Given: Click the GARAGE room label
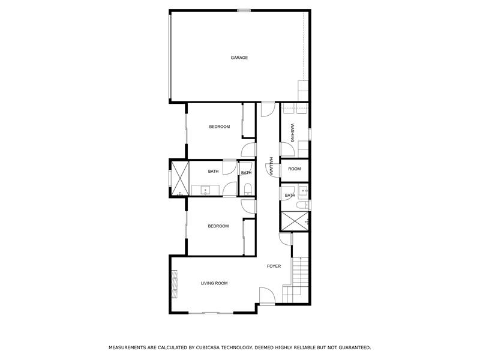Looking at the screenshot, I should coord(239,58).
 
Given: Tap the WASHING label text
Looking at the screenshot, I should coord(292,133).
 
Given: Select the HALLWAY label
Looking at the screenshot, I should coord(271,166).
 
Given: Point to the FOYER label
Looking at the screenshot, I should coord(274,266).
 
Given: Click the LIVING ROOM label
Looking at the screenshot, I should coord(214,283).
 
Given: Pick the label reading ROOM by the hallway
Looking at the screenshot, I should coord(294,169).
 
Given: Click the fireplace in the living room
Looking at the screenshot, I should coord(175,284).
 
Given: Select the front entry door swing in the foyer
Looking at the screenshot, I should coord(267,295).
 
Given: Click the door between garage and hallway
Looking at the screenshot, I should coord(268,110).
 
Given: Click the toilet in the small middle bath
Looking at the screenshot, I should coord(247,190).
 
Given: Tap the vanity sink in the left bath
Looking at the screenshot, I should coord(205,190).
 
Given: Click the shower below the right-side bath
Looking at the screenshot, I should coord(295,220).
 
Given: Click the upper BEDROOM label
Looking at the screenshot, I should coord(219,127).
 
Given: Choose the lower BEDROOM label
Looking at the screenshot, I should coord(218,226).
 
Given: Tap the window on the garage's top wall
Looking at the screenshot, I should coord(244,10).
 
